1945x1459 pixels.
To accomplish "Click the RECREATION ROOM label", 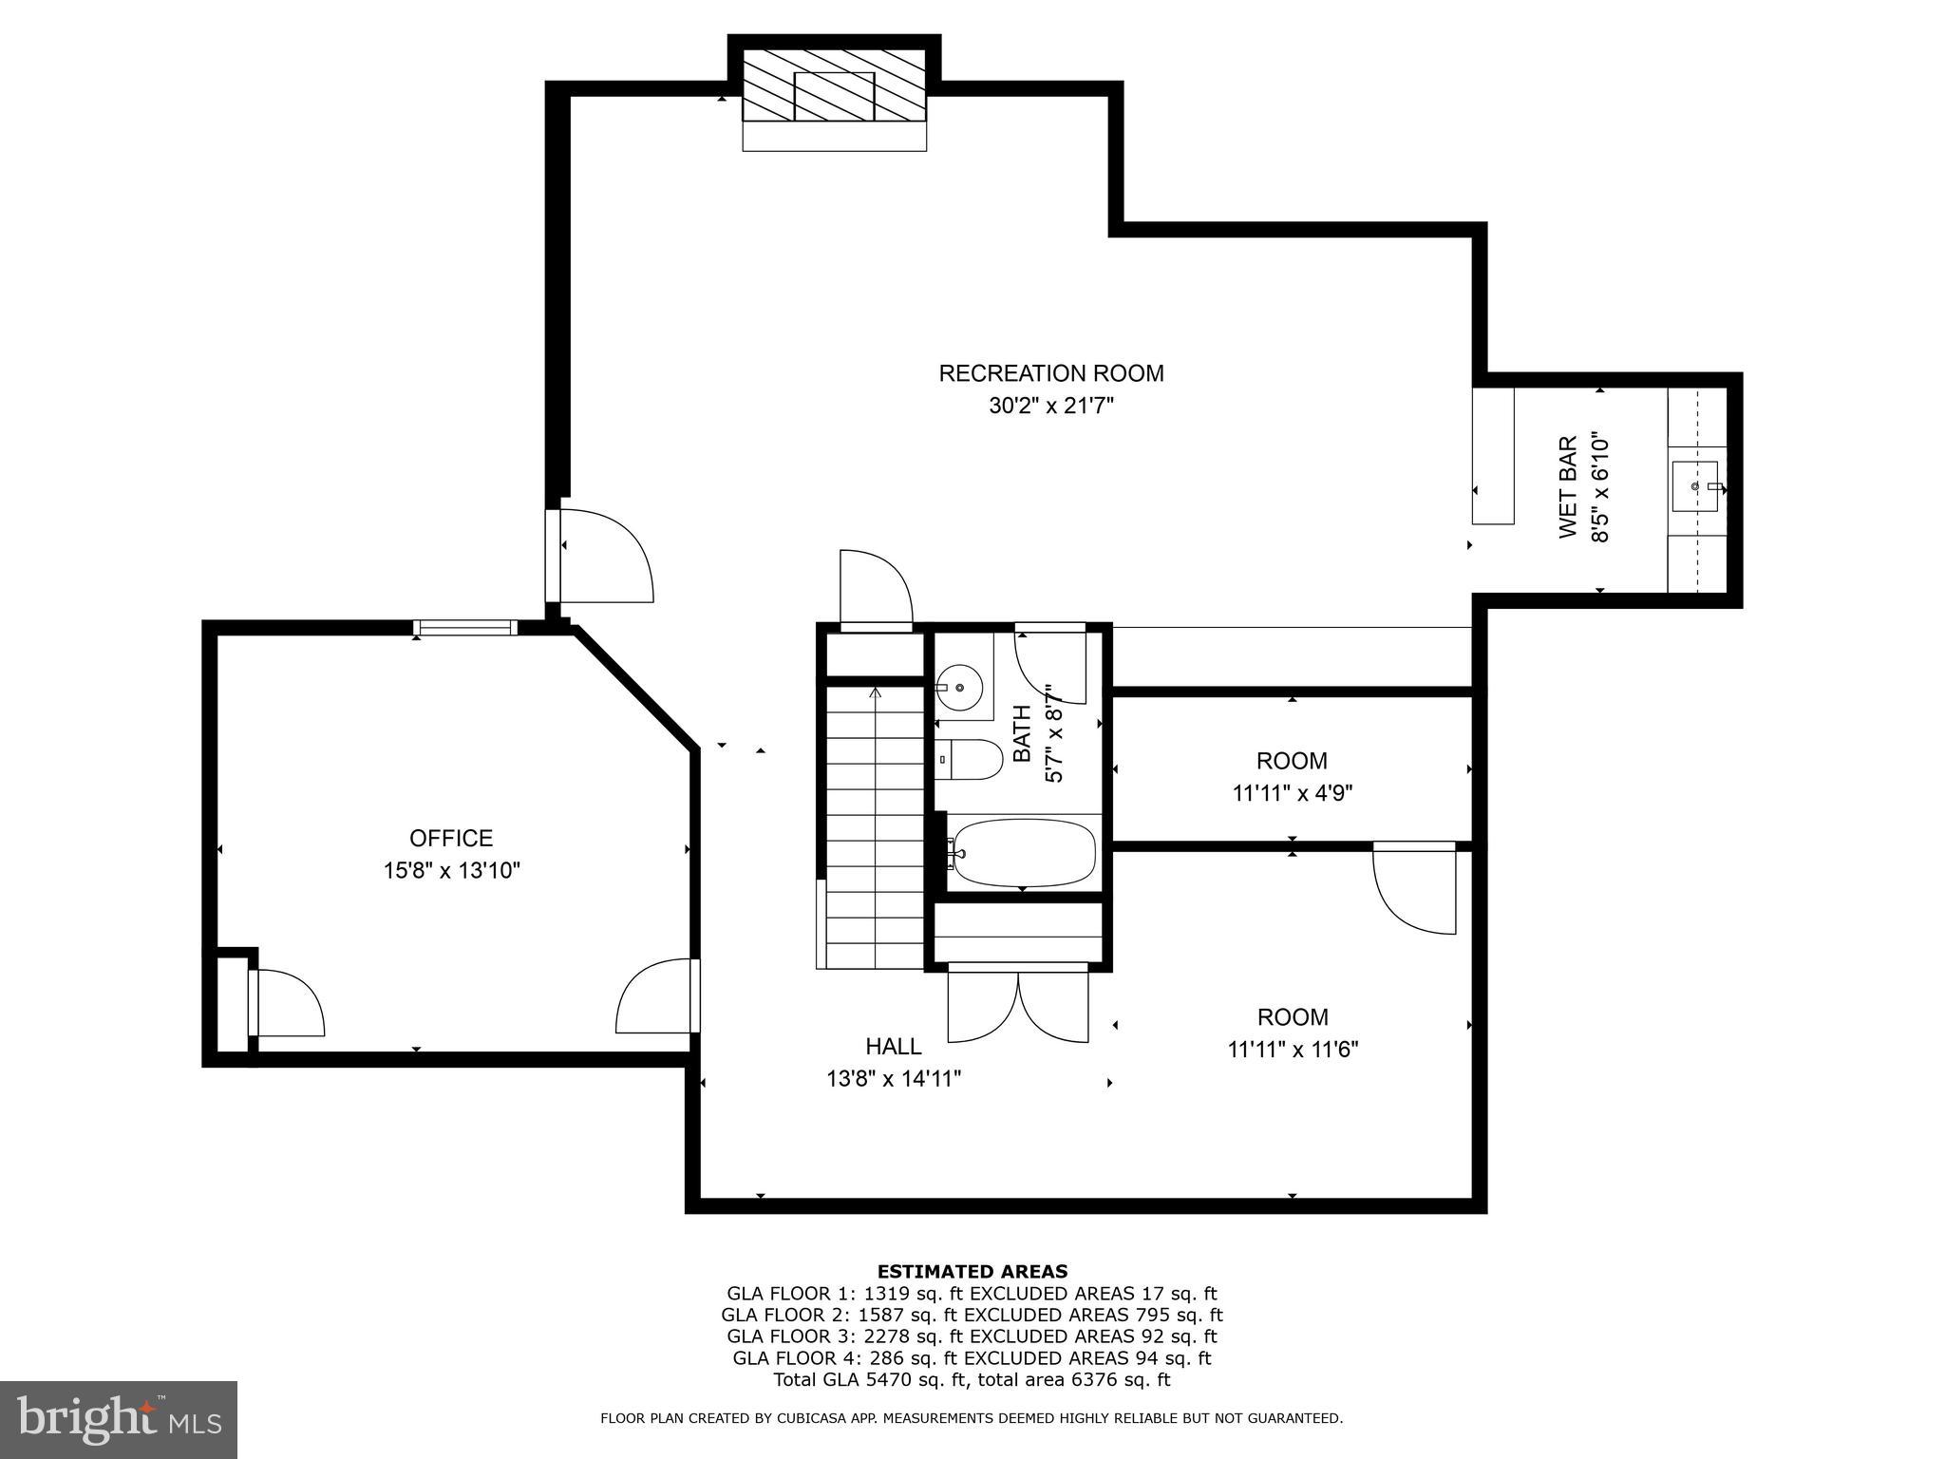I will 1050,373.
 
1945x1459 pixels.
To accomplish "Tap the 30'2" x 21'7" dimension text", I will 1050,407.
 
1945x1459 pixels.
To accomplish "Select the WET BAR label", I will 1568,487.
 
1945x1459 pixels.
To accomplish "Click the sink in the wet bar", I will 1695,485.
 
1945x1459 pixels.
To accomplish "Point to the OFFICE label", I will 451,838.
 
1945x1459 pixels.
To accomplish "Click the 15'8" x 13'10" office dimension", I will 451,870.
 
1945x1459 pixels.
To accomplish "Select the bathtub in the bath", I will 1024,852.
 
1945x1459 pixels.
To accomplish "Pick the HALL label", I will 893,1046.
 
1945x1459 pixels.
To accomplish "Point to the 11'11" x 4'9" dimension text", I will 1292,793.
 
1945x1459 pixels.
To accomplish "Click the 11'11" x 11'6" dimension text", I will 1292,1050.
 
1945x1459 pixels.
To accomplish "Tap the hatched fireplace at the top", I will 833,85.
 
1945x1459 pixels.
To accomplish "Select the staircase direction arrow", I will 875,694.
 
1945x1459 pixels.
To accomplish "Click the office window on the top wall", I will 465,627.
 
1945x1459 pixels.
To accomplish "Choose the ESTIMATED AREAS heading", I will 972,1271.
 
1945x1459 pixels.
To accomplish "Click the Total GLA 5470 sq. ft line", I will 972,1380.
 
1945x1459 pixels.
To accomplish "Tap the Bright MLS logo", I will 118,1419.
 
